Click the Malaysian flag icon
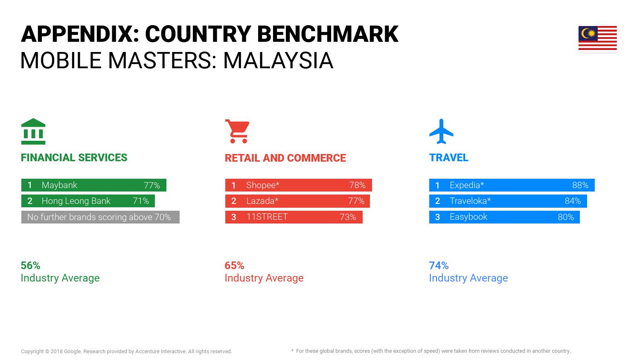[x=597, y=38]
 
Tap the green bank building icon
[x=33, y=131]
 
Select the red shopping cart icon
[x=237, y=131]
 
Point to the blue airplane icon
[x=441, y=131]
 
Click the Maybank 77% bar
[x=94, y=185]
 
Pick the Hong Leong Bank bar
[x=88, y=201]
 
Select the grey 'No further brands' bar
[x=100, y=217]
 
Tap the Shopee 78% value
[x=357, y=185]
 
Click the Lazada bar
[x=297, y=201]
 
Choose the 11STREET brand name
[x=267, y=217]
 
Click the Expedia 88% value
[x=580, y=185]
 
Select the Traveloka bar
[x=508, y=201]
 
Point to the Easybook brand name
[x=468, y=217]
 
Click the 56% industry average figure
[x=31, y=265]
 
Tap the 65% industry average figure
[x=234, y=265]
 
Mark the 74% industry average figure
[x=439, y=265]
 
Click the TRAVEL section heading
[x=448, y=158]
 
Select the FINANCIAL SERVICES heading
[x=74, y=158]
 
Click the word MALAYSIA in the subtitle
[x=278, y=61]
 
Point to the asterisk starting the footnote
[x=292, y=350]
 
